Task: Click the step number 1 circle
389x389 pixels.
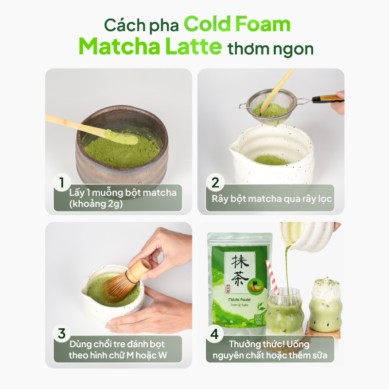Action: tap(62, 183)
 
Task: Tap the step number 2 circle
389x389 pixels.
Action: tap(214, 183)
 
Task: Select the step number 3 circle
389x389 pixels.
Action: tap(62, 334)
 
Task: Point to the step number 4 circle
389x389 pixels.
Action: tap(214, 334)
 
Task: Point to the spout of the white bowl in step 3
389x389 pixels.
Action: tap(86, 292)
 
